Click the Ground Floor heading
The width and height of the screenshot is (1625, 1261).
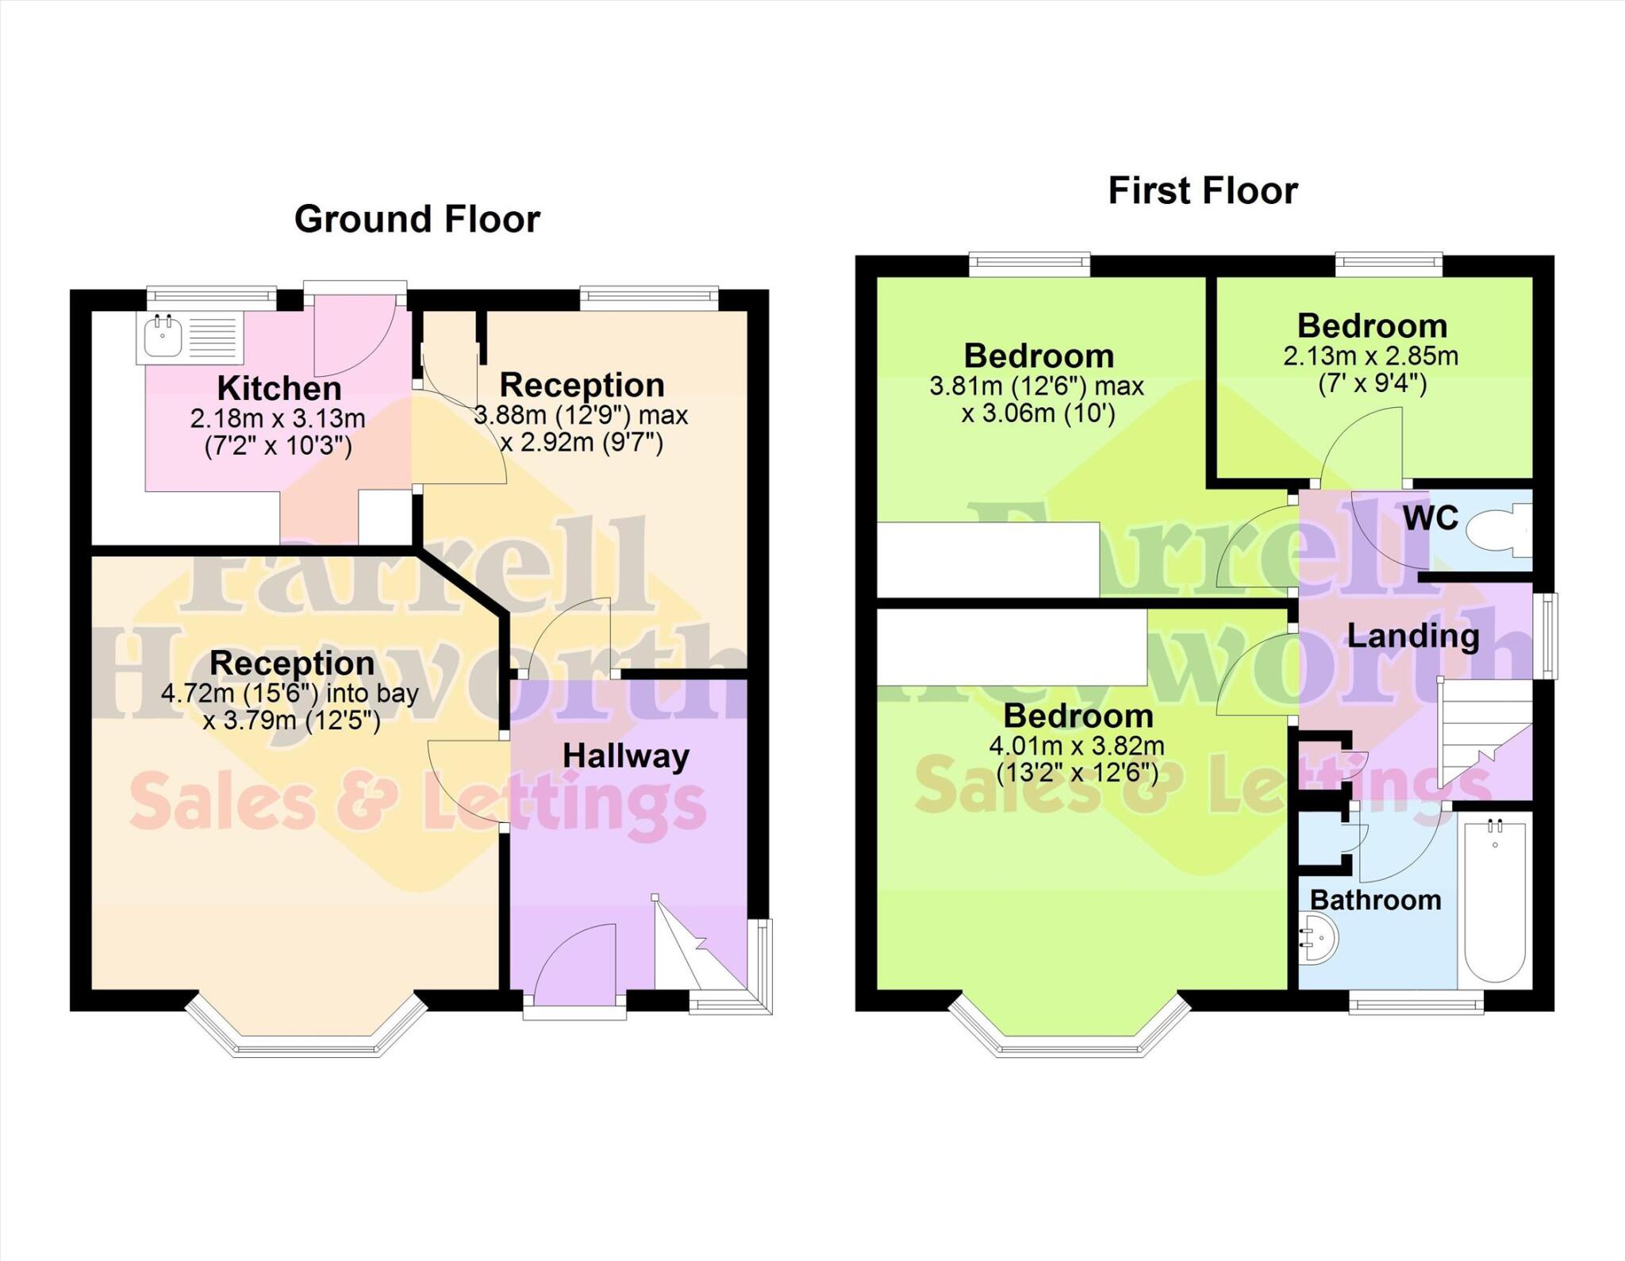[417, 219]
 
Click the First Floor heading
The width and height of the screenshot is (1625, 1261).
[1202, 191]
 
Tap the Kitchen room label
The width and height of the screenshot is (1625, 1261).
[279, 389]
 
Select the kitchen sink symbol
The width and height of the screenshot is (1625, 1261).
[163, 336]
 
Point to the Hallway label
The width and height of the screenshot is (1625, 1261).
[625, 756]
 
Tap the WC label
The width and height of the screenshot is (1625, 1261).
[1430, 518]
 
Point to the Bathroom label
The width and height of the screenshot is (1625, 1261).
[1375, 900]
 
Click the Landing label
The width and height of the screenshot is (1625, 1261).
[1412, 636]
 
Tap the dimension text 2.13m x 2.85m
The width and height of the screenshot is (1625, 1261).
[1370, 356]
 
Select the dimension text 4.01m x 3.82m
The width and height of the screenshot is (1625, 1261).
[1076, 746]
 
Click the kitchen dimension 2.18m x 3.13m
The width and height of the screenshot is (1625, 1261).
[278, 418]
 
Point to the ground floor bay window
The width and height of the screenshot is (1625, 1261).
[306, 1032]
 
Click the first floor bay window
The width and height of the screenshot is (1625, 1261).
[1069, 1032]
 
